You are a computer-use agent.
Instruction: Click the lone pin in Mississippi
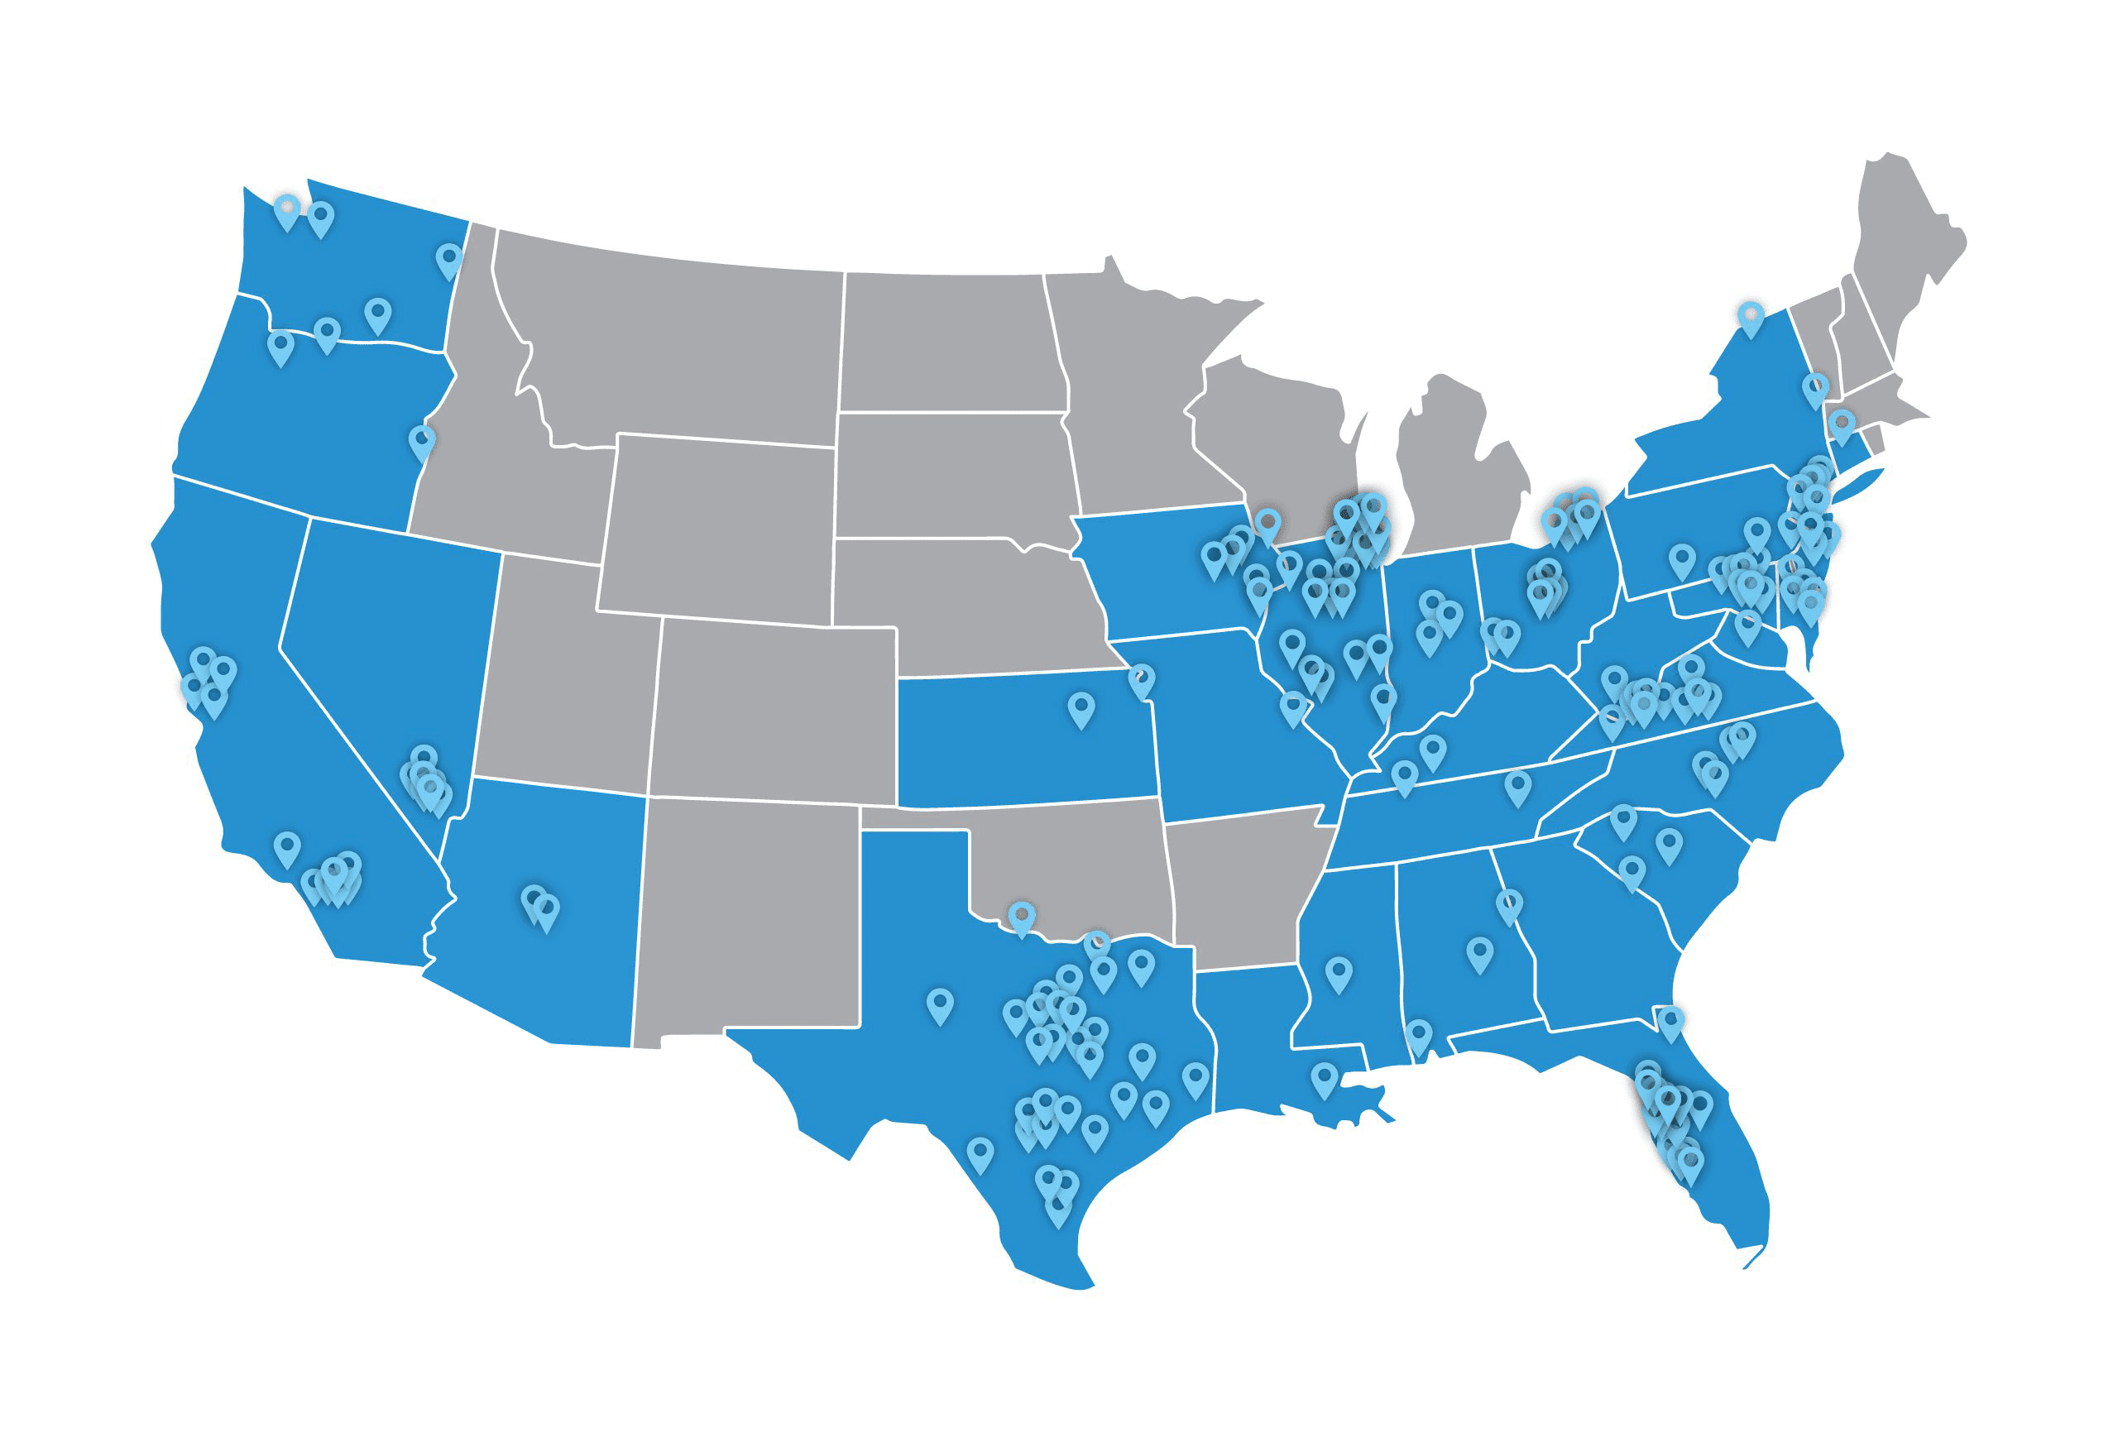pyautogui.click(x=1338, y=973)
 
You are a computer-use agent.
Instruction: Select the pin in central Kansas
pyautogui.click(x=1081, y=708)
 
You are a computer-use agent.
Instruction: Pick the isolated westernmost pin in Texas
pyautogui.click(x=940, y=1004)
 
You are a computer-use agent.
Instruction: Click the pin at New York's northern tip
pyautogui.click(x=1750, y=319)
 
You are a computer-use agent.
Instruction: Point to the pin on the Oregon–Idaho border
pyautogui.click(x=421, y=442)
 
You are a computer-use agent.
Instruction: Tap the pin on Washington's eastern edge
pyautogui.click(x=448, y=260)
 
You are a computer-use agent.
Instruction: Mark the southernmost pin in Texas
pyautogui.click(x=1057, y=1208)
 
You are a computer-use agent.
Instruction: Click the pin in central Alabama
pyautogui.click(x=1480, y=953)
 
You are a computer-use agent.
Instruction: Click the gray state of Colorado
pyautogui.click(x=774, y=711)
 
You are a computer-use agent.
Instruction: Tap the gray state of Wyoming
pyautogui.click(x=720, y=529)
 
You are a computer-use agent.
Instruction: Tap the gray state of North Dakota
pyautogui.click(x=948, y=342)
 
